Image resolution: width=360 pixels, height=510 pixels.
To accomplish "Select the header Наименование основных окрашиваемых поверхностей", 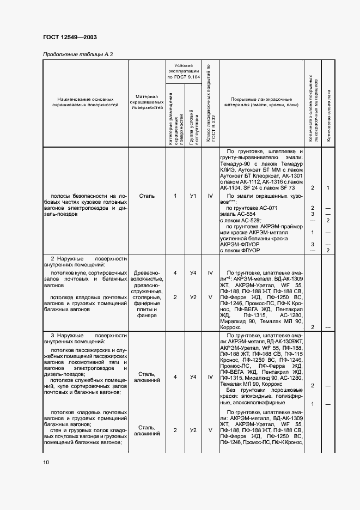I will (x=86, y=103).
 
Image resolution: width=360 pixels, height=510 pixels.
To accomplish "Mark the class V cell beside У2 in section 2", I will (x=210, y=297).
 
